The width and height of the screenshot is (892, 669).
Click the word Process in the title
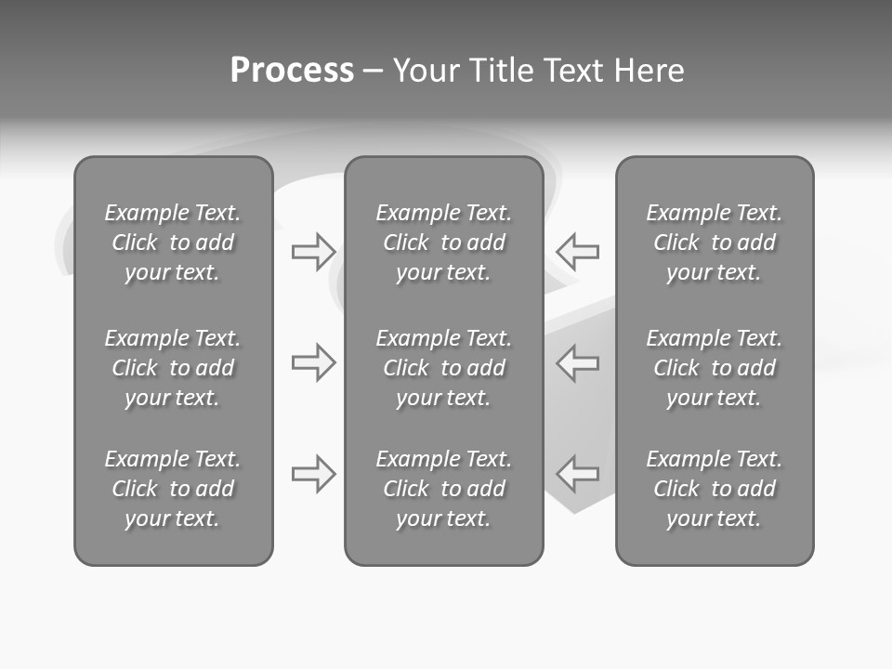tap(292, 71)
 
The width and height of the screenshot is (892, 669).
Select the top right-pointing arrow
tap(313, 251)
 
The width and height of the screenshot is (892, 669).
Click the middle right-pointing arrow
tap(313, 362)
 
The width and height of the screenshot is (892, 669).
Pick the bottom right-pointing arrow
tap(313, 474)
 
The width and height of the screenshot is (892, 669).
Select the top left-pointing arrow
tap(578, 251)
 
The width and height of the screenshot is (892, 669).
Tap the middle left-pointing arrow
tap(578, 362)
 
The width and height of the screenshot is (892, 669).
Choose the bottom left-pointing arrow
tap(578, 474)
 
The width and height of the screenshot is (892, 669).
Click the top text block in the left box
tap(173, 243)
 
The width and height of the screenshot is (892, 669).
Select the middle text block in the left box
tap(173, 368)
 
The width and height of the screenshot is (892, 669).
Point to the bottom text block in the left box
tap(173, 489)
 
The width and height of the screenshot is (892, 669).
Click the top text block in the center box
tap(444, 243)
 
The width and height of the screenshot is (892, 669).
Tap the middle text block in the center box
tap(444, 368)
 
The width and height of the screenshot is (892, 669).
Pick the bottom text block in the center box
tap(444, 489)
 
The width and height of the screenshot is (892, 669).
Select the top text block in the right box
tap(715, 243)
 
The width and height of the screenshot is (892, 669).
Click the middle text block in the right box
tap(715, 368)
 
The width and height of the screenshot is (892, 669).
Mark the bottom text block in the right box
tap(715, 489)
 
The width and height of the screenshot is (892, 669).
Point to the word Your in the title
tap(425, 71)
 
